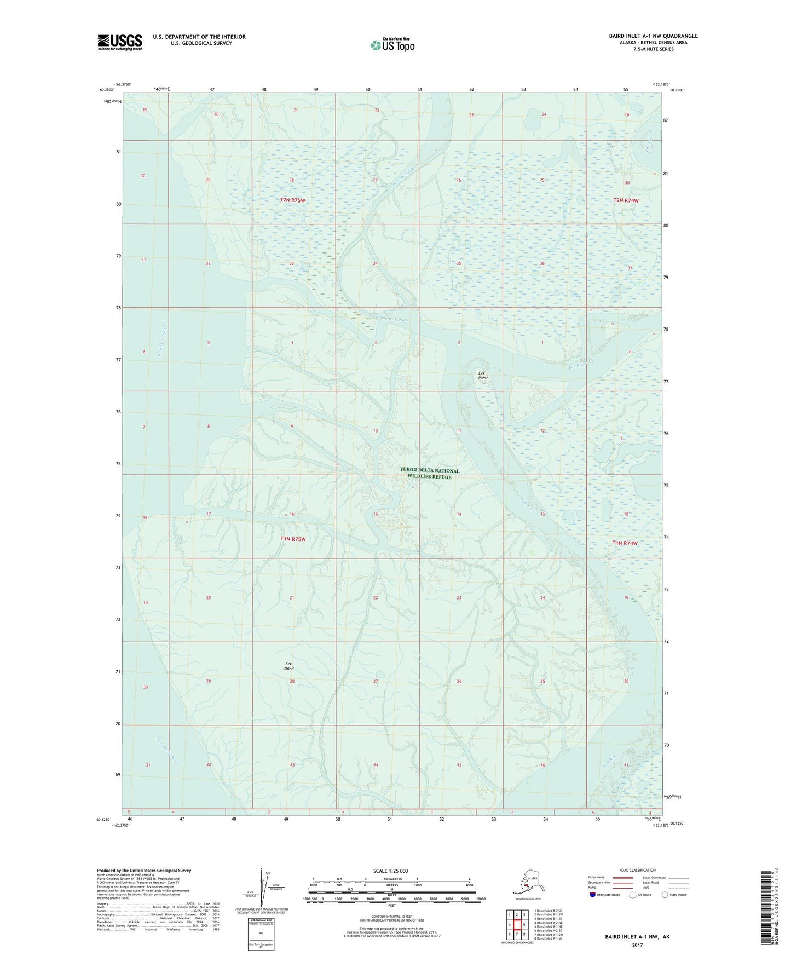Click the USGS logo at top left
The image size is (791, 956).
coord(119,42)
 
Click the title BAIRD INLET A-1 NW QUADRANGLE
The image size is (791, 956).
coord(653,36)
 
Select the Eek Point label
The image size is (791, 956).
coord(482,376)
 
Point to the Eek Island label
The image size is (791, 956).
coord(288,666)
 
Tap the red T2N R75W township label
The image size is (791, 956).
coord(292,200)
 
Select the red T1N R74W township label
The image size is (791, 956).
coord(625,543)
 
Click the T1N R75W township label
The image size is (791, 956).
coord(292,539)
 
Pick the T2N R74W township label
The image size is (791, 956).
coord(626,201)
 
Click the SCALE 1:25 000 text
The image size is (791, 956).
coord(390,871)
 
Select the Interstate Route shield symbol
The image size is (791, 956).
coord(593,895)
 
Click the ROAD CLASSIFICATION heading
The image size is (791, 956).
coord(638,870)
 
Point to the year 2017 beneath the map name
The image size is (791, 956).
coord(637,945)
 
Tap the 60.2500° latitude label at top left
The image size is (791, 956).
coord(107,90)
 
